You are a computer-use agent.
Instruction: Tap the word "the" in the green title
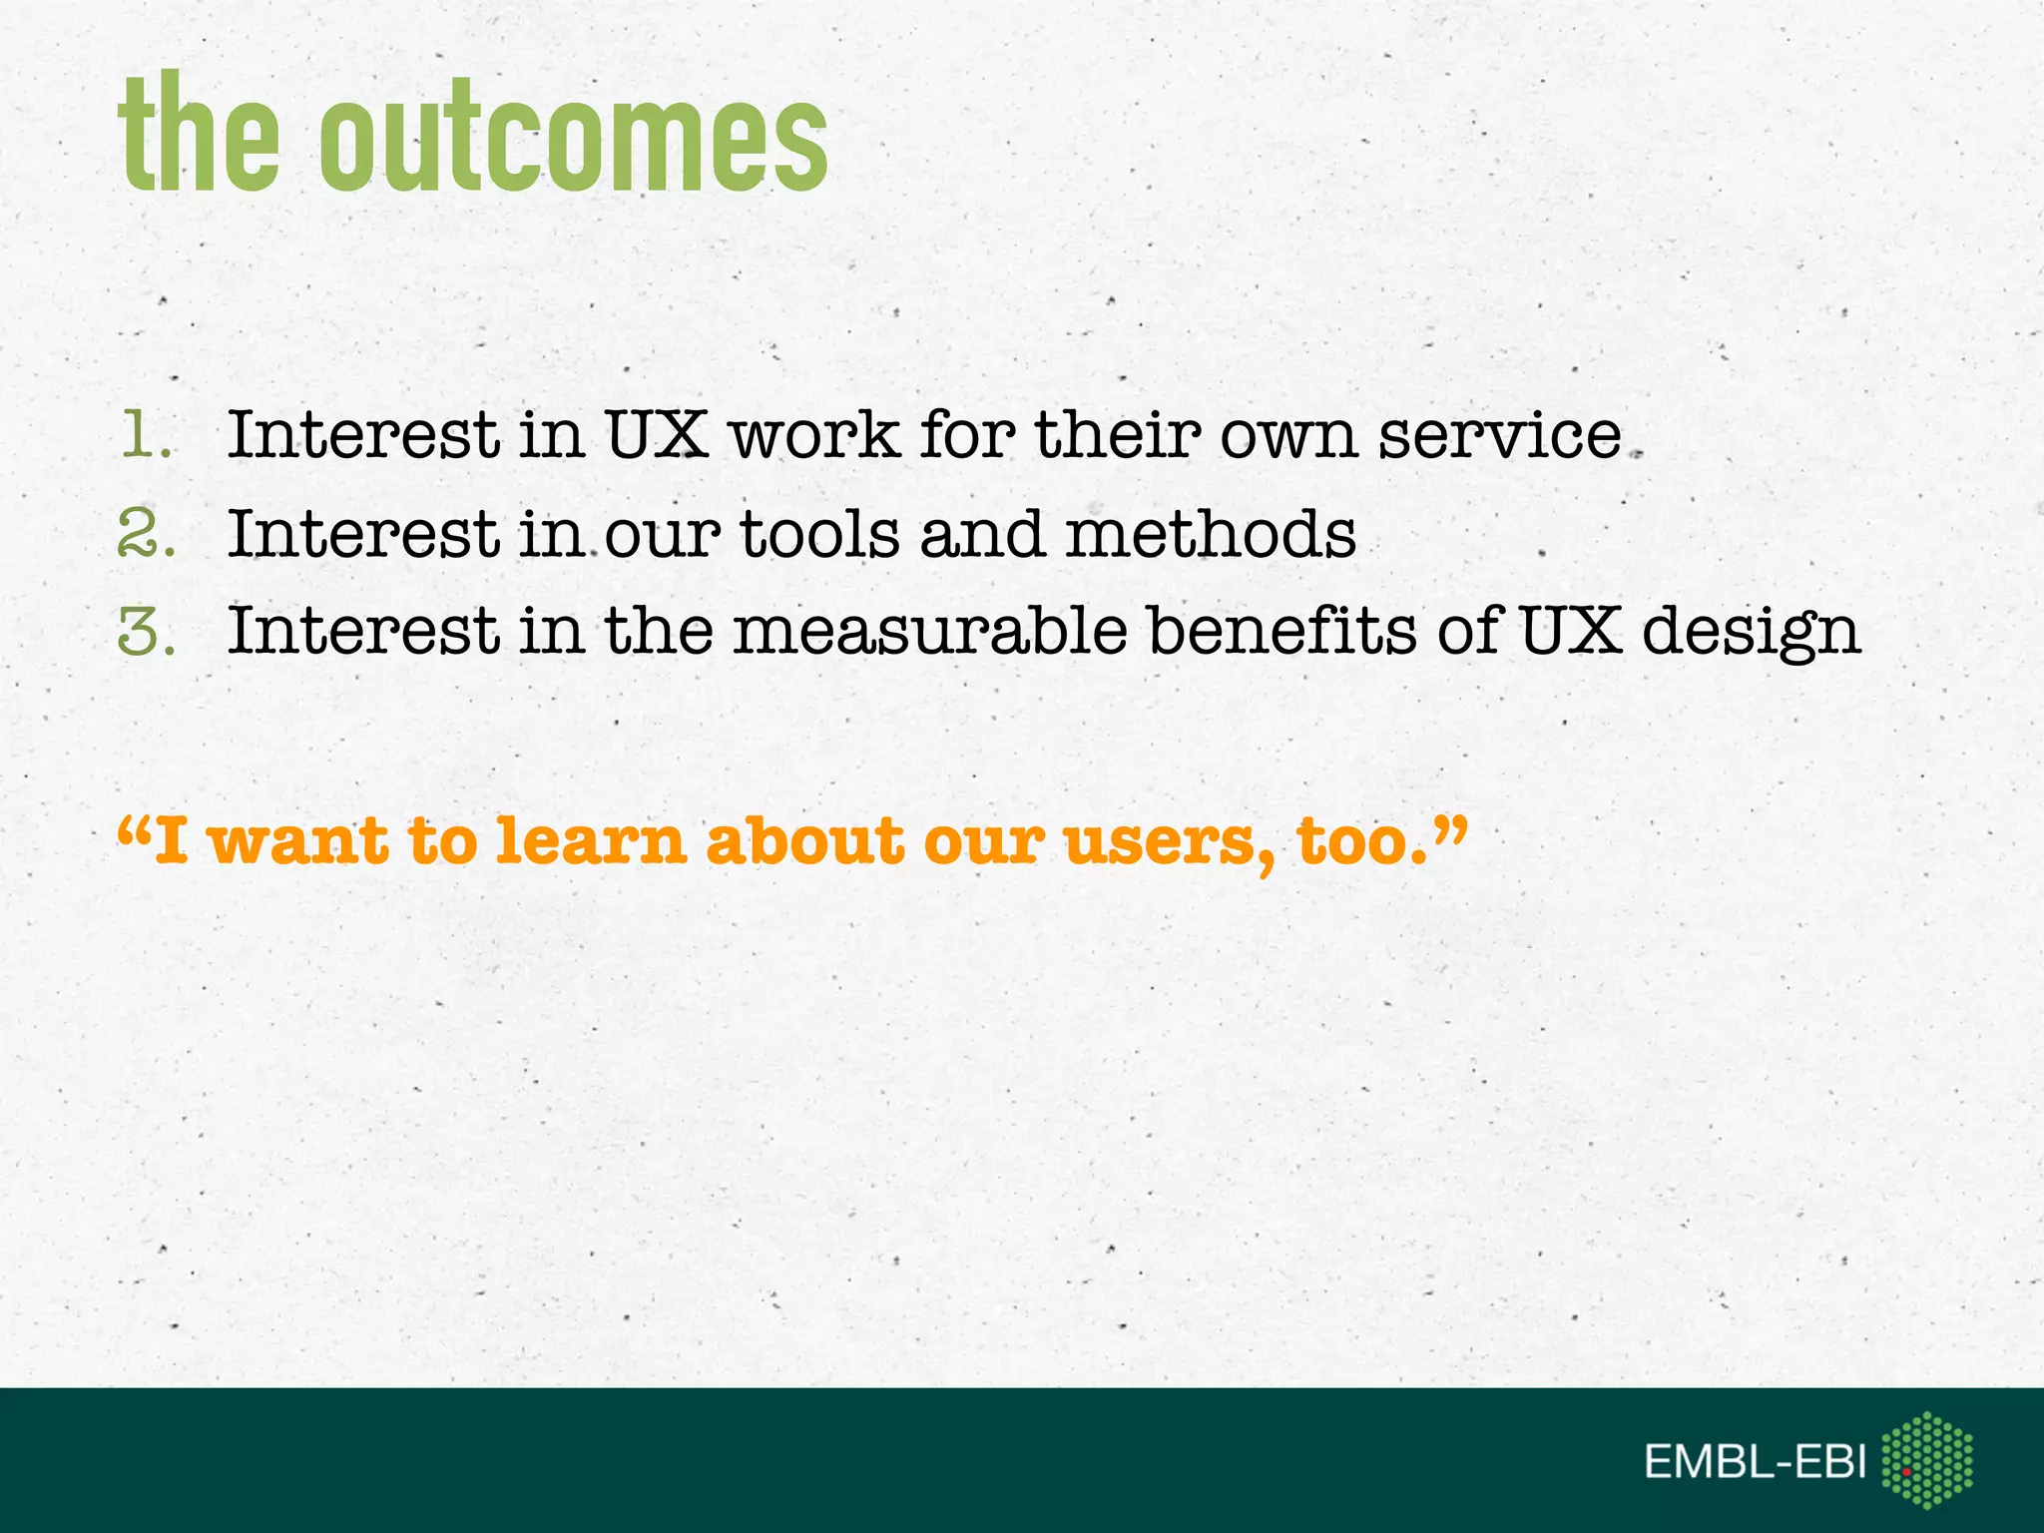(200, 135)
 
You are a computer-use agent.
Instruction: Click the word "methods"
(1211, 533)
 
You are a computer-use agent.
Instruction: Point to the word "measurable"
(930, 631)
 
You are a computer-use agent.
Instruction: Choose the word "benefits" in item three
(1281, 631)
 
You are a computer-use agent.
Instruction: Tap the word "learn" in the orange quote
(590, 840)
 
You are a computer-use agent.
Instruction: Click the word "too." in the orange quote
(1363, 840)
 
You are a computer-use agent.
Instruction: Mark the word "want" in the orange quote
(297, 840)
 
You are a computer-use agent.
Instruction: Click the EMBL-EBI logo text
(1755, 1462)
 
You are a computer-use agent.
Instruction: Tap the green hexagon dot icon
(1926, 1459)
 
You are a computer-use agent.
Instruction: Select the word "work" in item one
(814, 435)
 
